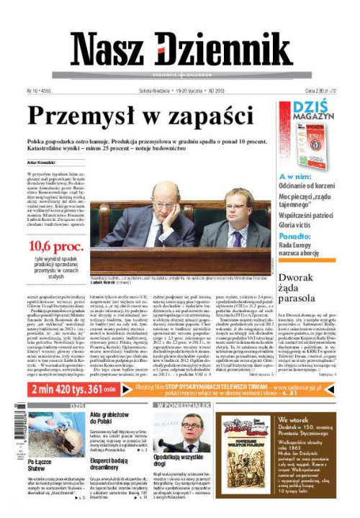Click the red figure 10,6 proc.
(56, 247)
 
